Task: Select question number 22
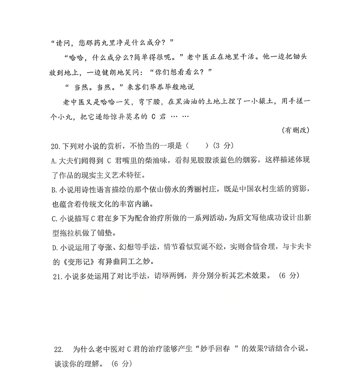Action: coord(58,349)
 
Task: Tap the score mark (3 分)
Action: coord(223,146)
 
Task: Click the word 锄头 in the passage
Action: coord(299,57)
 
